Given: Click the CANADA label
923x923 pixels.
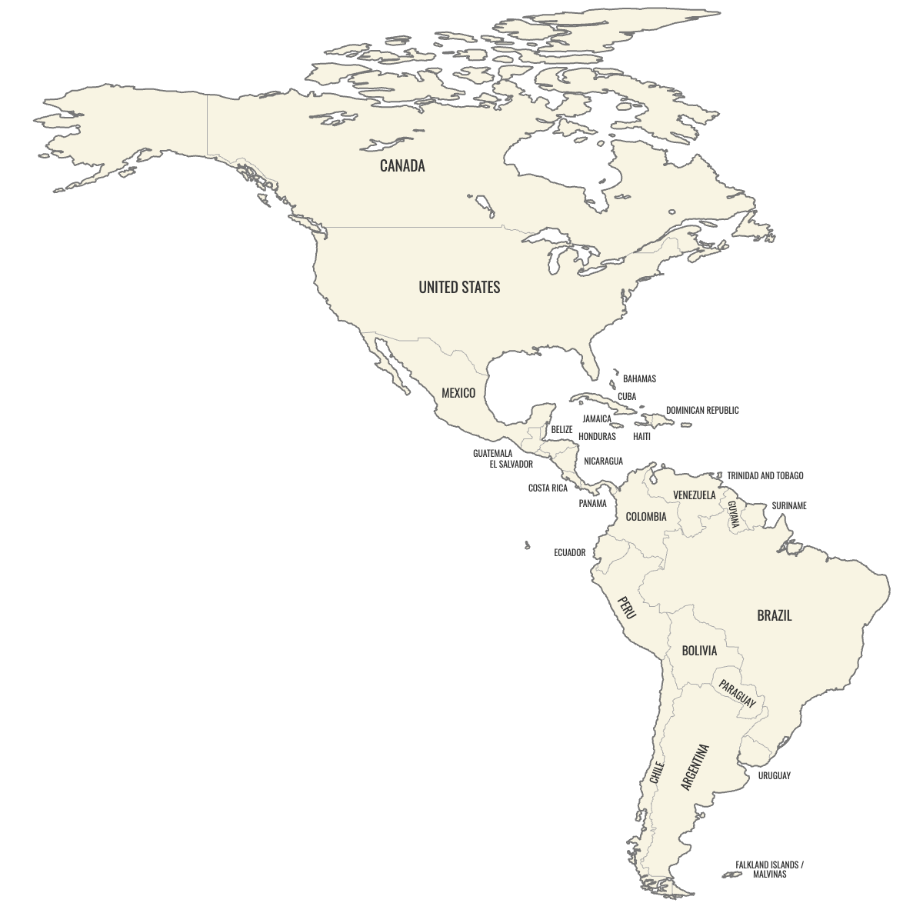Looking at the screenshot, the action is click(x=402, y=165).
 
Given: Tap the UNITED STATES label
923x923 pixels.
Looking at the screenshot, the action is click(x=459, y=287).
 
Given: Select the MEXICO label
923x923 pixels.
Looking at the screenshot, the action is click(x=458, y=393).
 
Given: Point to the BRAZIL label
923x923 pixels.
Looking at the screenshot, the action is click(x=774, y=615).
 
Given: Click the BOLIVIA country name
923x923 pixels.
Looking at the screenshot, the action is click(x=699, y=651).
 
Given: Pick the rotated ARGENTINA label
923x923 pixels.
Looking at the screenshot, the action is click(x=695, y=767).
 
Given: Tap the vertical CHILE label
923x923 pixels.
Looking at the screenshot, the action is click(x=656, y=772).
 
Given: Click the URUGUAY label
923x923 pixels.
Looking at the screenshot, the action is click(x=774, y=775).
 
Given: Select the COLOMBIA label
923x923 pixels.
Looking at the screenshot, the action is click(x=646, y=517).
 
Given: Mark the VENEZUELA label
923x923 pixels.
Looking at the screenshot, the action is click(x=694, y=495).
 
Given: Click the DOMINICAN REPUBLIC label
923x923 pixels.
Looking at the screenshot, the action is click(x=702, y=411).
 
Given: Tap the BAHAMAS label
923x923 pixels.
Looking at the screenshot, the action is click(x=639, y=378).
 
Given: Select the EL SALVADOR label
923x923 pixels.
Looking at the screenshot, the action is click(x=511, y=465).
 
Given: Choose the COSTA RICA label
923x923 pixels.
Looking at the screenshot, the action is click(x=548, y=488).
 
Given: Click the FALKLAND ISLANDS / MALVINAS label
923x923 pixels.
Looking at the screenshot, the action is click(x=768, y=869).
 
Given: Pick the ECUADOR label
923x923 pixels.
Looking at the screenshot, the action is click(x=569, y=553).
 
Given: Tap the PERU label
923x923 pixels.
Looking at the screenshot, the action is click(x=627, y=608).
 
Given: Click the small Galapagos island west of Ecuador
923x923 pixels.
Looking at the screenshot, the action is click(x=527, y=545).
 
